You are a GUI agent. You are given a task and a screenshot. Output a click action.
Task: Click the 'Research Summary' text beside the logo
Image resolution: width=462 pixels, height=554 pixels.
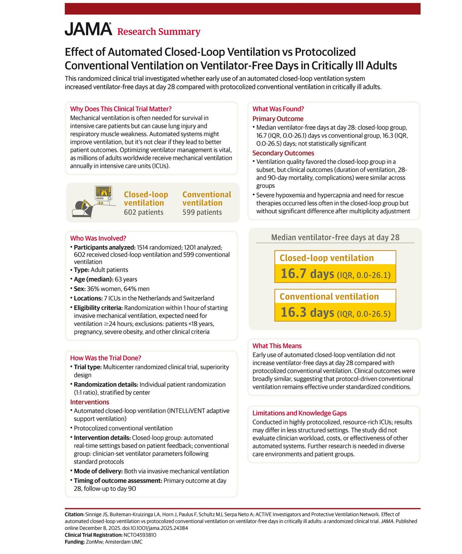coord(158,32)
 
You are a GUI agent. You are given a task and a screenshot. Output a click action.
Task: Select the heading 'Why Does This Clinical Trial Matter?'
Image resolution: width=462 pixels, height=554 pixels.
coord(121,109)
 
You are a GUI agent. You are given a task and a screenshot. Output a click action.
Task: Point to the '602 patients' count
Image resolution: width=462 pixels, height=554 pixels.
coord(144,212)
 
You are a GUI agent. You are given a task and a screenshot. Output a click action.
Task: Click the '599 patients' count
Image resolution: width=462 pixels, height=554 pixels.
coord(202,212)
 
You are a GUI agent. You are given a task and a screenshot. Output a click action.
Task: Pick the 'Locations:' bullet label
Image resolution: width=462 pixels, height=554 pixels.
coord(91,298)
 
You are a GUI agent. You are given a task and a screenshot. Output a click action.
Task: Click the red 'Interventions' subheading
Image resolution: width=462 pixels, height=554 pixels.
coord(90,402)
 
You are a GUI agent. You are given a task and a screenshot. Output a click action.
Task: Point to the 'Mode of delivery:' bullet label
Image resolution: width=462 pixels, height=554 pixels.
coord(101,471)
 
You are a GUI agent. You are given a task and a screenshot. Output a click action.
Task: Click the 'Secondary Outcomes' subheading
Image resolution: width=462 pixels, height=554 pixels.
coord(283,153)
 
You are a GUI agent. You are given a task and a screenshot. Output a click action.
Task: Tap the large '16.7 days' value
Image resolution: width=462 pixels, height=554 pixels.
coord(307,274)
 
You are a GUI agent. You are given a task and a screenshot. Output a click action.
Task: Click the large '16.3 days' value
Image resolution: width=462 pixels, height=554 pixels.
coord(307,313)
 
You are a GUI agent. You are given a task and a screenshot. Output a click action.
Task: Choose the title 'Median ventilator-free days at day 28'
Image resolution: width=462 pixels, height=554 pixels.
coord(335,238)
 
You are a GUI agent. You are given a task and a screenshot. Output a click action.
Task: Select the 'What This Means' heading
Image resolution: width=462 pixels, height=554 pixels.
coord(277,346)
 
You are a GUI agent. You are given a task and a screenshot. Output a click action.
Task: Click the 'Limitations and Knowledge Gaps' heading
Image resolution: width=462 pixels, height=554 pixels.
coord(299,413)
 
